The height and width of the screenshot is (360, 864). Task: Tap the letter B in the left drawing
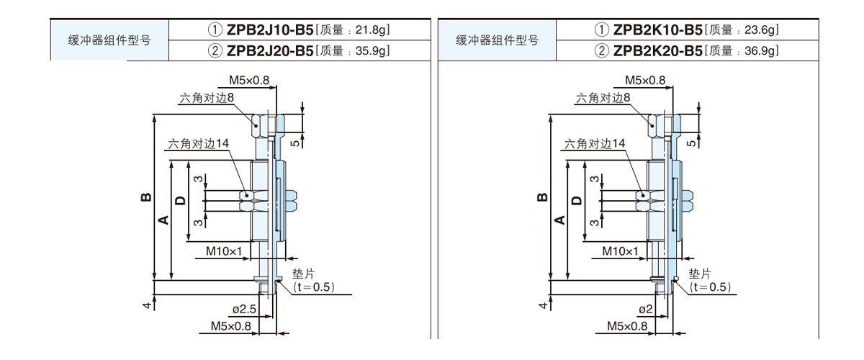(145, 196)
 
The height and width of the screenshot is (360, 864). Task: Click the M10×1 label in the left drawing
(224, 251)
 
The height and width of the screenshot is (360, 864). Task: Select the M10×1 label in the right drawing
(621, 251)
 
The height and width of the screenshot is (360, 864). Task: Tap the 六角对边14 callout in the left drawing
(198, 143)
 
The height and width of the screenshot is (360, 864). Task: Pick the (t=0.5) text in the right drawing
(710, 287)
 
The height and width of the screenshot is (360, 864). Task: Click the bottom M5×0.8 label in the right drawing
(627, 326)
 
